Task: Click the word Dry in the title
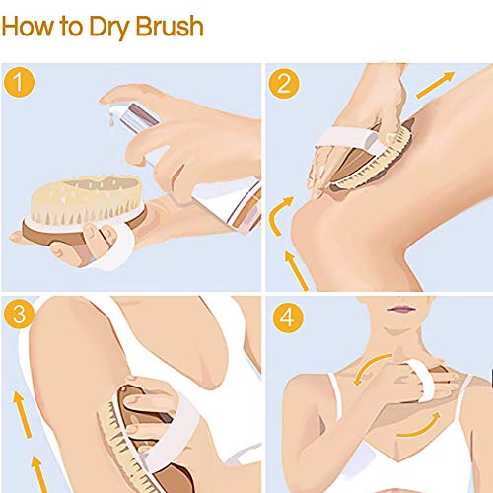109,28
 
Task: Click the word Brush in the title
170,26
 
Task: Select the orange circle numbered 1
19,82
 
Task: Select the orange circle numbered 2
284,83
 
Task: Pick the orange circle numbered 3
19,314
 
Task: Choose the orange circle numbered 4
288,317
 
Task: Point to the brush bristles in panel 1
86,199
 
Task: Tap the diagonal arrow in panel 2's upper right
436,85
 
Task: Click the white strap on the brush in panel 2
345,139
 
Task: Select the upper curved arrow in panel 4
370,367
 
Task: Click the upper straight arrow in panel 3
23,415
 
